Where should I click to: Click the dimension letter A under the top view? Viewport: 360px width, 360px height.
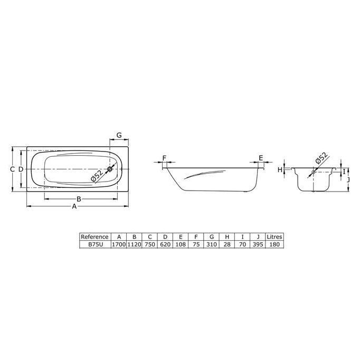coord(74,207)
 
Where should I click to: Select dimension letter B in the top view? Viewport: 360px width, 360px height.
coord(79,199)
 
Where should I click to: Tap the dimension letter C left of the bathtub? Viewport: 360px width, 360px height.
coord(12,169)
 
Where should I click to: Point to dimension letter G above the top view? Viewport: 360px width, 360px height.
coord(119,135)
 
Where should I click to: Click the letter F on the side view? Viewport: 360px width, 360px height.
coord(165,158)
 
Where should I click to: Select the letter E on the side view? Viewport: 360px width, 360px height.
coord(261,158)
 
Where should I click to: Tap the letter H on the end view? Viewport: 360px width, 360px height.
coord(280,169)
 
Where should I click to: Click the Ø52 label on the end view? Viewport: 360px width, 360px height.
coord(321,159)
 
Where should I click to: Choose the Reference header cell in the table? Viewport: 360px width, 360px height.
coord(95,237)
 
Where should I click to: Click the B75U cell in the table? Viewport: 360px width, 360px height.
coord(95,244)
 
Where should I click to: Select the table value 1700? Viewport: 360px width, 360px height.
coord(119,244)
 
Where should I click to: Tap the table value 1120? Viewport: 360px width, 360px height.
coord(135,244)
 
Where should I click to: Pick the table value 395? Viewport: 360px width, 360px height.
coord(258,244)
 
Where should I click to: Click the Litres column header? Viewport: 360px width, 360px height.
coord(274,237)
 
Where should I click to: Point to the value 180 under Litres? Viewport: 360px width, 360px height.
coord(274,244)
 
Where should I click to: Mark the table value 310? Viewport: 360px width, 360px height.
coord(211,244)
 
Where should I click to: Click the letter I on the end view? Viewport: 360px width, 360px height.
coord(344,171)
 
